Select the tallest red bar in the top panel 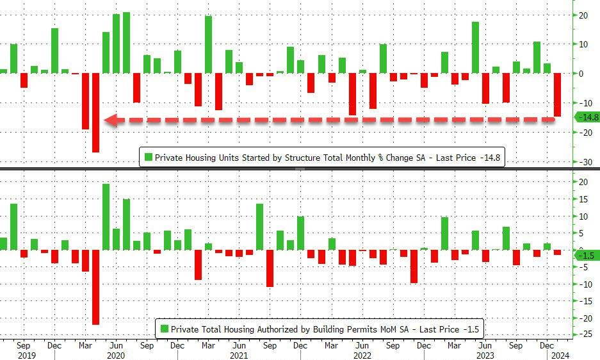click(x=95, y=113)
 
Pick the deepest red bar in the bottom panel click(x=95, y=287)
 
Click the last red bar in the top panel click(x=557, y=95)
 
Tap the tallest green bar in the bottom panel click(x=106, y=217)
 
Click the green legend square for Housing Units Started click(x=148, y=158)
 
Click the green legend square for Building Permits click(x=164, y=329)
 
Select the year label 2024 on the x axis click(x=558, y=355)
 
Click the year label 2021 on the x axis click(x=239, y=355)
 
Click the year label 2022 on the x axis click(x=362, y=355)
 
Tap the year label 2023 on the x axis click(x=485, y=355)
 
